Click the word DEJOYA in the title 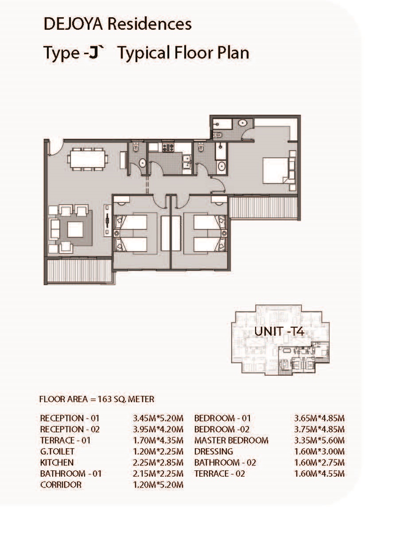pyautogui.click(x=73, y=24)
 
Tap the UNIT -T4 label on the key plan pyautogui.click(x=279, y=331)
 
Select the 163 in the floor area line pyautogui.click(x=105, y=399)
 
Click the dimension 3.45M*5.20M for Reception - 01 pyautogui.click(x=158, y=418)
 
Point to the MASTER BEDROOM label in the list pyautogui.click(x=231, y=440)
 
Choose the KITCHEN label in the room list pyautogui.click(x=57, y=462)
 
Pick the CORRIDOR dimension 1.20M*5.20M pyautogui.click(x=158, y=485)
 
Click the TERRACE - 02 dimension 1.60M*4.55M pyautogui.click(x=319, y=474)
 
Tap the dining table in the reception pyautogui.click(x=87, y=159)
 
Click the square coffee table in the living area pyautogui.click(x=75, y=230)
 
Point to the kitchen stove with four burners pyautogui.click(x=168, y=148)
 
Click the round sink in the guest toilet pyautogui.click(x=142, y=163)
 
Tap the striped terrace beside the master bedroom pyautogui.click(x=264, y=207)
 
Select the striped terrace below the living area pyautogui.click(x=79, y=270)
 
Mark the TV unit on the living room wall pyautogui.click(x=107, y=221)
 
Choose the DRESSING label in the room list pyautogui.click(x=214, y=451)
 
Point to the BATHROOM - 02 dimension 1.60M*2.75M pyautogui.click(x=319, y=462)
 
